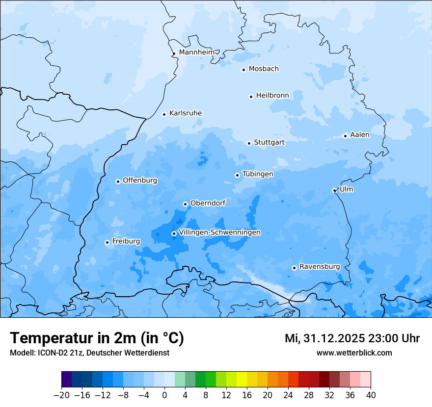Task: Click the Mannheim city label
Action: click(x=196, y=52)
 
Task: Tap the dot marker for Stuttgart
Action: click(x=249, y=143)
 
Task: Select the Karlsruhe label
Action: click(x=185, y=113)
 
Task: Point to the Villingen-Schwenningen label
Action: click(x=219, y=232)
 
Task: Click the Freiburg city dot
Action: click(x=107, y=242)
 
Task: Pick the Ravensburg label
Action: click(x=320, y=267)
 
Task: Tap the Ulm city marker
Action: click(x=334, y=190)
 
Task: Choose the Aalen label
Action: click(x=360, y=135)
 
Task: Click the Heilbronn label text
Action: click(x=272, y=95)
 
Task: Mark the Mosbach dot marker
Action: click(x=243, y=70)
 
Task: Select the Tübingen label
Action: click(x=258, y=174)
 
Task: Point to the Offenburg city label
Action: click(x=140, y=180)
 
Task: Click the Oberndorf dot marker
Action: click(x=185, y=204)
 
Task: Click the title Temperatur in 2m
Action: click(x=97, y=338)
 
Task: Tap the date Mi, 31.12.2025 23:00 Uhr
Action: click(x=352, y=338)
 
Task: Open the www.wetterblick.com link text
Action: click(x=354, y=353)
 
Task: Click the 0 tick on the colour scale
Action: click(x=164, y=395)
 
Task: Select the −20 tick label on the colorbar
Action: click(x=61, y=395)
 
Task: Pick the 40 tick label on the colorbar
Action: click(x=371, y=395)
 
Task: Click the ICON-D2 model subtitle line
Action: click(x=89, y=353)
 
